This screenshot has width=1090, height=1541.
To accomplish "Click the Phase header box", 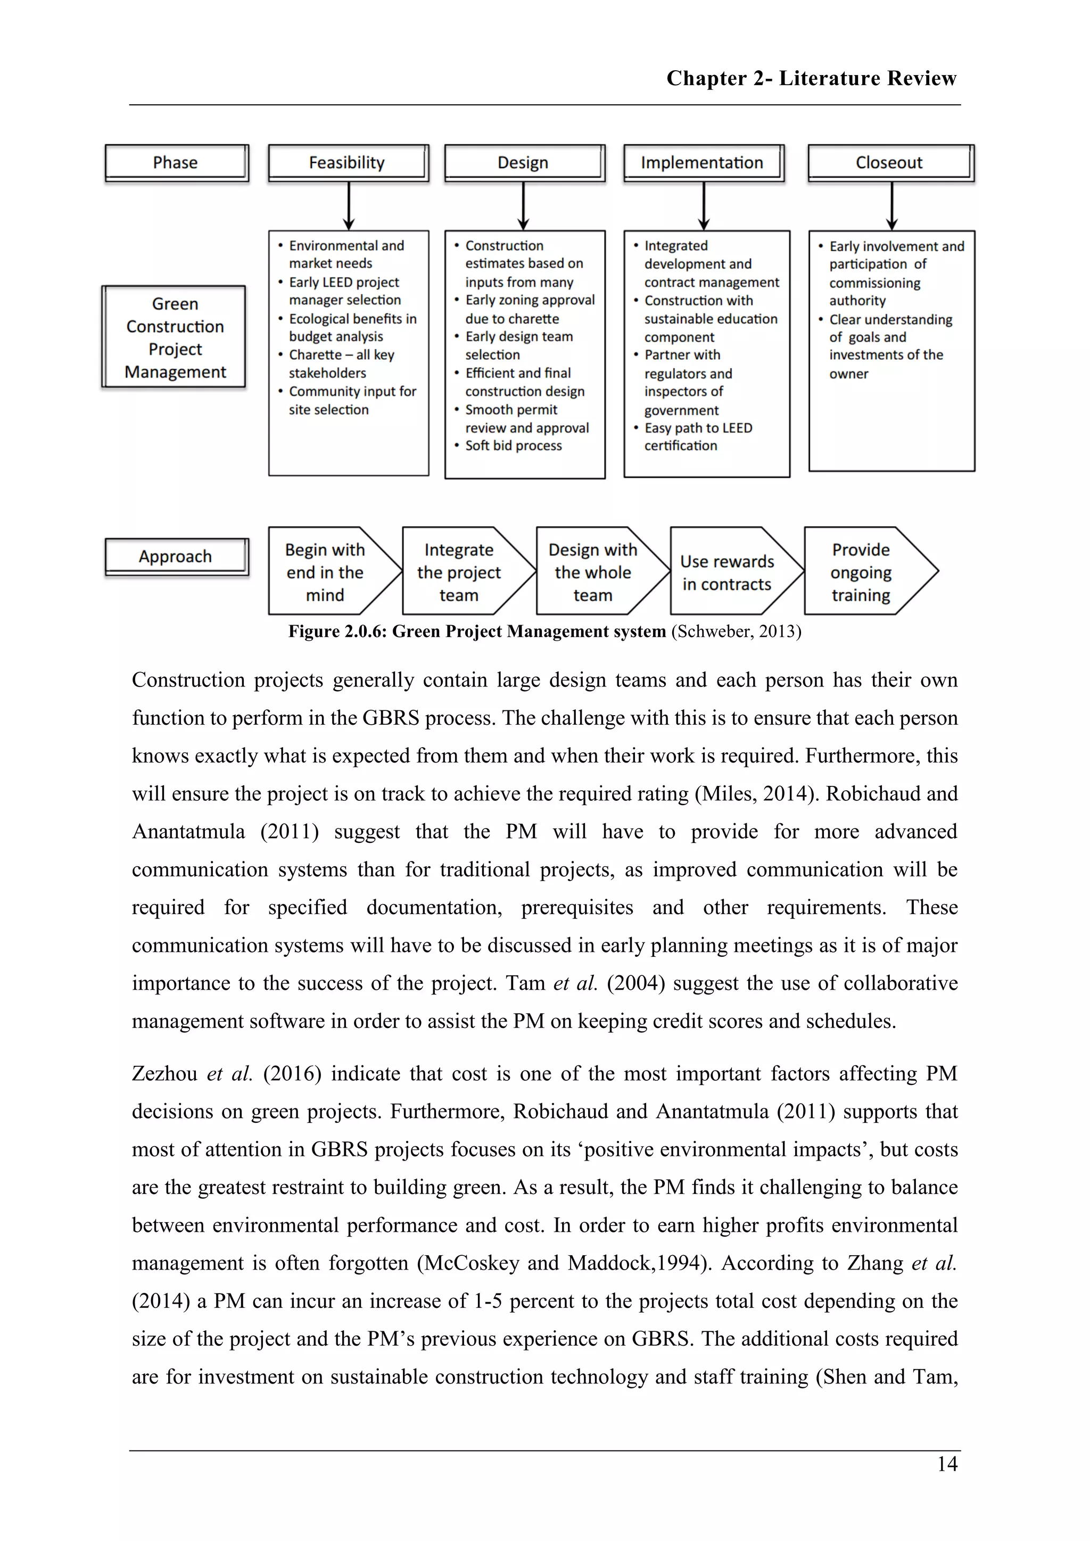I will tap(176, 162).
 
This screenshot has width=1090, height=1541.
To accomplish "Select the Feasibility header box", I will tap(347, 162).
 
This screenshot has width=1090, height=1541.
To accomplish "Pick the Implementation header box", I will tap(703, 162).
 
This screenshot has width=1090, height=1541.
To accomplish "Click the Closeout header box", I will tap(890, 162).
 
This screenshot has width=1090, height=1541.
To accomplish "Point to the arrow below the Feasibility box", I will tap(349, 206).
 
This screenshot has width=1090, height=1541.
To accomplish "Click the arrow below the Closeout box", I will tap(891, 206).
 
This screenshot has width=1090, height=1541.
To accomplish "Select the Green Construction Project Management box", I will tap(175, 337).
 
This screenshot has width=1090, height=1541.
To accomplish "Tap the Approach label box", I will tap(176, 557).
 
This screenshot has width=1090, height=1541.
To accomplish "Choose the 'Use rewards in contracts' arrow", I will tap(728, 573).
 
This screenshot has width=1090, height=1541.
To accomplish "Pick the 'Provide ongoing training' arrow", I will tap(862, 572).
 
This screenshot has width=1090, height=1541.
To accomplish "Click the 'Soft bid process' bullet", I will tap(513, 446).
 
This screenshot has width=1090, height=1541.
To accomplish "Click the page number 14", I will tap(947, 1464).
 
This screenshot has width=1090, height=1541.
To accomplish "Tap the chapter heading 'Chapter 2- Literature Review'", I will tap(811, 79).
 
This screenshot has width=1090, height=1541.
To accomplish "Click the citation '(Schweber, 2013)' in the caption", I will tap(736, 632).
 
